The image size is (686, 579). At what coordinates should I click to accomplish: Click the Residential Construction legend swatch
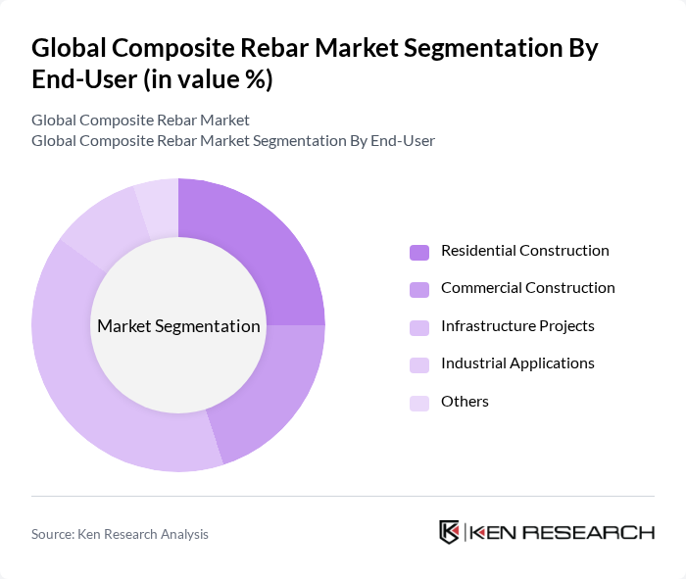point(419,252)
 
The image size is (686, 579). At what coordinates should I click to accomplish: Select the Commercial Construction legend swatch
point(419,289)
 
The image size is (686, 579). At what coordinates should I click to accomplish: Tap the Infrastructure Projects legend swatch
point(419,326)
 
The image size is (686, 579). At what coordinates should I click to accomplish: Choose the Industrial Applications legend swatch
point(419,364)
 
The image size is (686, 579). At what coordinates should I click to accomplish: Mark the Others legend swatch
point(419,402)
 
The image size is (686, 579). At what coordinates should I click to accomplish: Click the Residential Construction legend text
point(524,251)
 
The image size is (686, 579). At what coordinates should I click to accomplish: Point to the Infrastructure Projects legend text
point(517,326)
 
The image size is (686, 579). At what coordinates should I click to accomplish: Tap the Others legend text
point(465,402)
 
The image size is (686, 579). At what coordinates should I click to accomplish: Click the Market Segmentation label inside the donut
point(178,326)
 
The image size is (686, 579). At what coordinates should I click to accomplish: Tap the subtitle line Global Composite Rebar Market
point(140,121)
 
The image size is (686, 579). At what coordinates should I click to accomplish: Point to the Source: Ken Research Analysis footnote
point(120,534)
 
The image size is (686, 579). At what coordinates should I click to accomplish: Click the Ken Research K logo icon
point(450,532)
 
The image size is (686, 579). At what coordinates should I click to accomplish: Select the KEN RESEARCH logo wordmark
point(562,532)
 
